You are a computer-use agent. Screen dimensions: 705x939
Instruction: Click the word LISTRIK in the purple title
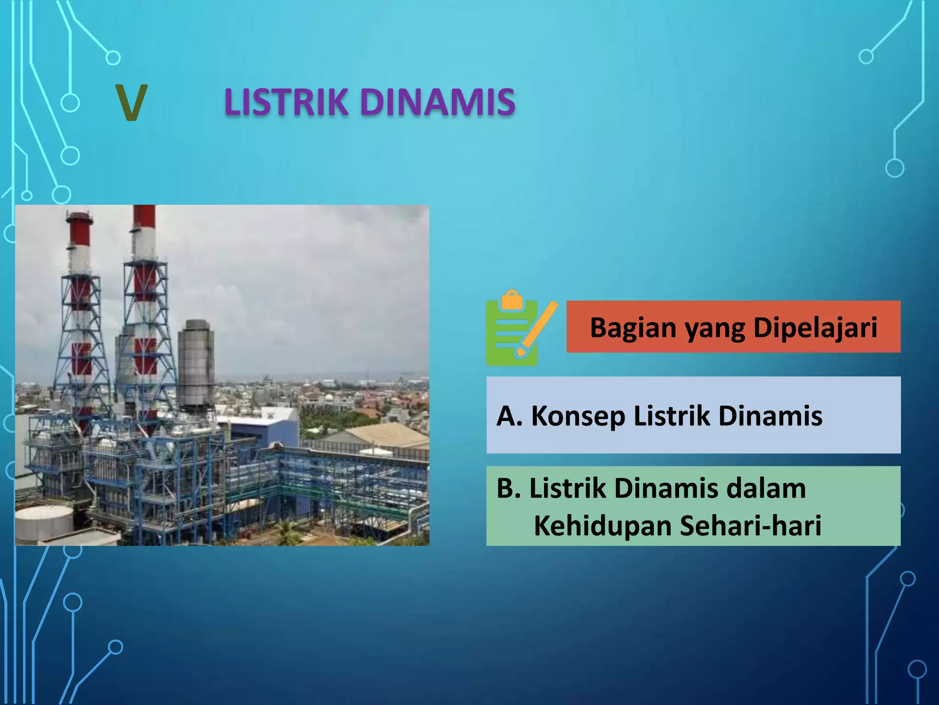[x=286, y=102]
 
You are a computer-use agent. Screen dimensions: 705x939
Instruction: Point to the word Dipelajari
[x=815, y=328]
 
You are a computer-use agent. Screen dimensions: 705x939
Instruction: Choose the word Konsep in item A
[x=578, y=416]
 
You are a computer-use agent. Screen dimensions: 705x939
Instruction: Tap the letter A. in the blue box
[x=509, y=416]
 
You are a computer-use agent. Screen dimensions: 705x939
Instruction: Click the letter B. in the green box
[x=508, y=488]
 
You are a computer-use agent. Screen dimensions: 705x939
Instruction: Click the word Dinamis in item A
[x=770, y=416]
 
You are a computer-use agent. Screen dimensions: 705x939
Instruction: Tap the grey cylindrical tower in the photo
[x=196, y=363]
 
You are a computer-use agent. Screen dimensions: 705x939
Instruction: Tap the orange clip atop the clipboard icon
[x=512, y=300]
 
